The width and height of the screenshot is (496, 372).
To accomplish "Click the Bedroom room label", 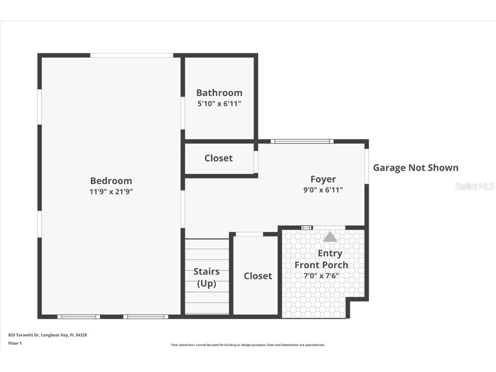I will [x=111, y=181].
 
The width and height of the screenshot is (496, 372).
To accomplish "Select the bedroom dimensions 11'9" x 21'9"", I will [x=111, y=192].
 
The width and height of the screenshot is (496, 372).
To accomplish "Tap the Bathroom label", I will [x=219, y=93].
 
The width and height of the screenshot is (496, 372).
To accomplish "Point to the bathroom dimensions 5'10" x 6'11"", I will [x=219, y=104].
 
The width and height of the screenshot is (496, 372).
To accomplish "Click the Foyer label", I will [x=323, y=179].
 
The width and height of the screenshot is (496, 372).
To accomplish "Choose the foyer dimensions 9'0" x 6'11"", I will [x=323, y=190].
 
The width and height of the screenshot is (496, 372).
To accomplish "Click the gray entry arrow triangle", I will [x=330, y=237].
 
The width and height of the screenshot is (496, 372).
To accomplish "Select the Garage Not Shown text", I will [x=415, y=168].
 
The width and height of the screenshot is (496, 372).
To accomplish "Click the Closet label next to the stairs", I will [x=258, y=276].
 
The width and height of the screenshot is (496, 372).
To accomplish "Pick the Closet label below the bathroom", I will [x=219, y=158].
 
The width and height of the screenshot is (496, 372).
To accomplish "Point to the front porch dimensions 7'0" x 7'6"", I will [x=322, y=276].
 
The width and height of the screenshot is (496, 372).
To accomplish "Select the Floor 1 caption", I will [x=15, y=343].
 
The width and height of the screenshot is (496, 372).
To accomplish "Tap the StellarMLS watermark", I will [x=474, y=186].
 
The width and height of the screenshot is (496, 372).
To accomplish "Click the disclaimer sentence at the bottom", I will [x=248, y=345].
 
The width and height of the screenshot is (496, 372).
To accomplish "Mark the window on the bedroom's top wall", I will [x=131, y=55].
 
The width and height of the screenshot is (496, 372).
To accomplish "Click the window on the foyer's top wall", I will [x=302, y=141].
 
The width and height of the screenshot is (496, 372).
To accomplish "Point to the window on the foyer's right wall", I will [x=367, y=166].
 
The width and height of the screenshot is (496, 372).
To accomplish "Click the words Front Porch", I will [x=322, y=264].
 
